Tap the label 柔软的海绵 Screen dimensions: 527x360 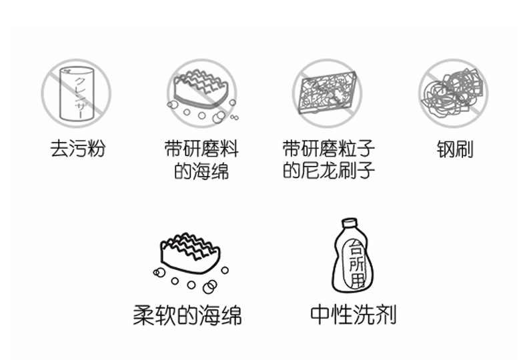pos(187,315)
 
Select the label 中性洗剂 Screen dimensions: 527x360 pos(354,314)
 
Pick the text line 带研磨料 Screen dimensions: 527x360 pos(201,149)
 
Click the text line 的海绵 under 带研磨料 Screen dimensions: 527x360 pos(201,171)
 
